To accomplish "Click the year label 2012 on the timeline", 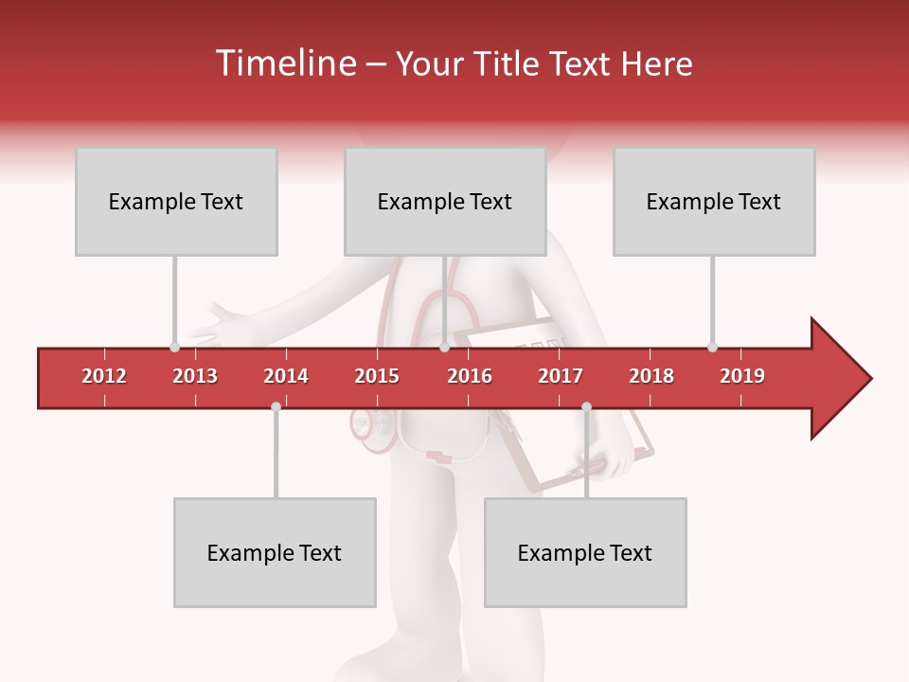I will (x=104, y=376).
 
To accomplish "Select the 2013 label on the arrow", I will (x=195, y=376).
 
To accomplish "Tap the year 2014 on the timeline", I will (x=286, y=376).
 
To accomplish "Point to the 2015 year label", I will (x=377, y=376).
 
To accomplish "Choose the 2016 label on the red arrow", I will (x=470, y=376).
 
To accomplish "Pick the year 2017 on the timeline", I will (x=561, y=376).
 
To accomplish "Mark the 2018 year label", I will (x=651, y=376).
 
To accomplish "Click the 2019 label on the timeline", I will (x=742, y=376).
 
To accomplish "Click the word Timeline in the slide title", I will (x=284, y=63).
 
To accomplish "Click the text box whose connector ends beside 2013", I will (x=176, y=201).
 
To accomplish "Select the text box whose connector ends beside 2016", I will (x=445, y=201).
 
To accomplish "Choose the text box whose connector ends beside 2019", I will (x=714, y=201).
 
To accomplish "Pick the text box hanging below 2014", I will (x=275, y=552).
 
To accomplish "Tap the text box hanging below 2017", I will (x=585, y=552).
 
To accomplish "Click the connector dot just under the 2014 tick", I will (x=276, y=406).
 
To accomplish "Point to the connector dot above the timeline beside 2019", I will (x=712, y=347).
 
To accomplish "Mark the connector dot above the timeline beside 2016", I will (x=444, y=347).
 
